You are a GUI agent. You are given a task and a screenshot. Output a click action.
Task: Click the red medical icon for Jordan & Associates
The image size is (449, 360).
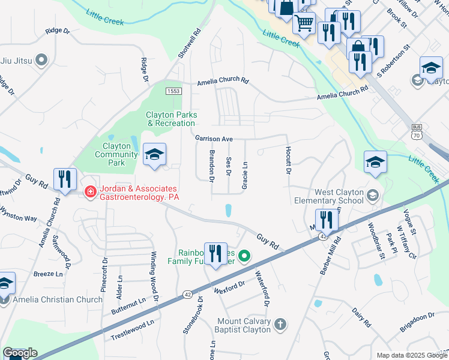(90, 192)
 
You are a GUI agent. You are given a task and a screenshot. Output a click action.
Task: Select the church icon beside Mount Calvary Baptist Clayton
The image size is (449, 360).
(280, 326)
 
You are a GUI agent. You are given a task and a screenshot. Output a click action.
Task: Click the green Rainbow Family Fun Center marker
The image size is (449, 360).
(244, 257)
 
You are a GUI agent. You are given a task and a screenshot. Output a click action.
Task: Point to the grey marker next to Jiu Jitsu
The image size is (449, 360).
(41, 60)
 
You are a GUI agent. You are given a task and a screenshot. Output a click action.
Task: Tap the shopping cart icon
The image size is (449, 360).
(304, 23)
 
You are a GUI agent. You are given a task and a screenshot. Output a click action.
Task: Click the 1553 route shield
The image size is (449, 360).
(173, 91)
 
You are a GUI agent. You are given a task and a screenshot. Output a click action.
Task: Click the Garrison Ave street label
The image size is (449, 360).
(213, 139)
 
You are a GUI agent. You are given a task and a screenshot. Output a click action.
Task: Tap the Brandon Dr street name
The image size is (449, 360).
(211, 166)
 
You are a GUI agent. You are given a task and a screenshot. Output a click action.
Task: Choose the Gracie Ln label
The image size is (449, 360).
(245, 175)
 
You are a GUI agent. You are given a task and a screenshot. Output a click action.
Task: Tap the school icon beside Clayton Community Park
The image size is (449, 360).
(154, 156)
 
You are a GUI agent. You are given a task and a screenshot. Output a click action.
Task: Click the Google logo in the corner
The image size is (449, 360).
(20, 353)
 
